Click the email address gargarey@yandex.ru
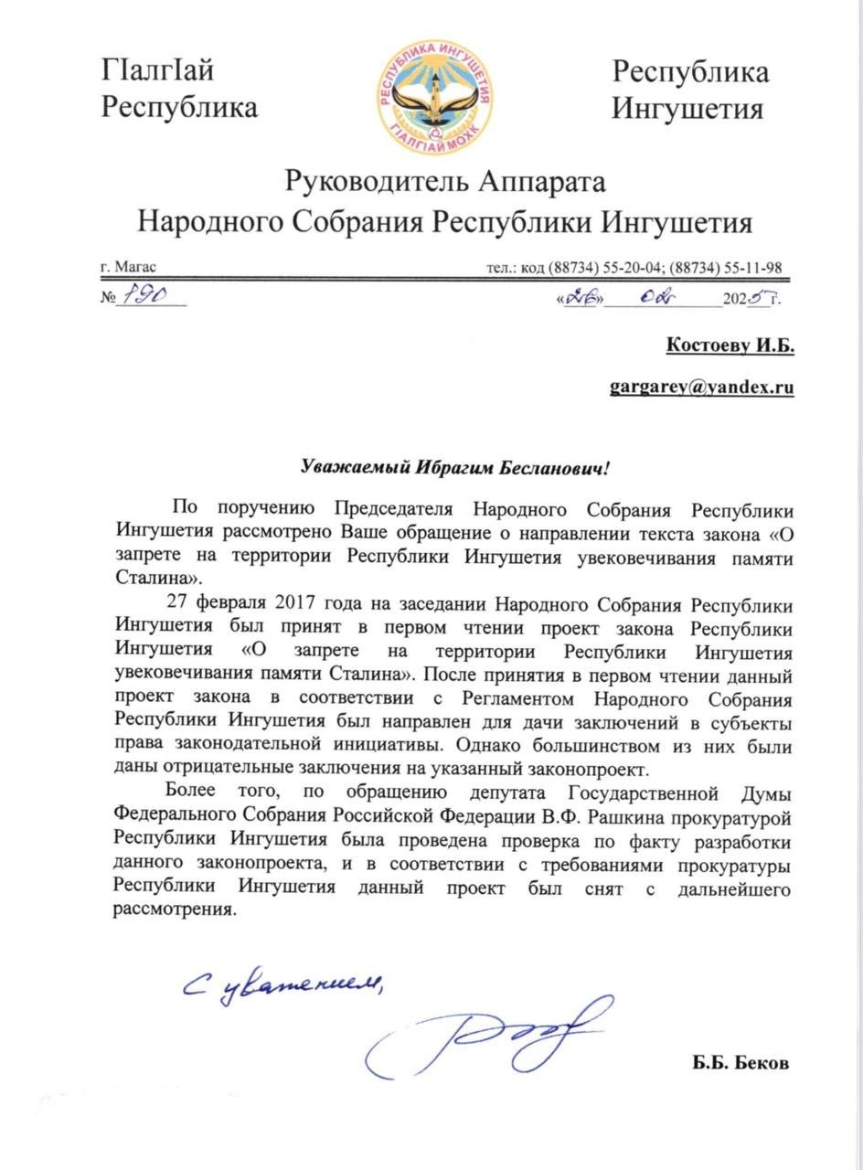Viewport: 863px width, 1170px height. pos(701,387)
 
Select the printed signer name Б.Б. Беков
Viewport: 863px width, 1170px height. pos(740,1064)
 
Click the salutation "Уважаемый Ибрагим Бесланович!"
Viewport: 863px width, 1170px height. pos(454,467)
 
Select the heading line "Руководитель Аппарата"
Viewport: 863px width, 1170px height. pos(444,182)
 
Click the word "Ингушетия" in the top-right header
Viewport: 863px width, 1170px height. pos(687,110)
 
